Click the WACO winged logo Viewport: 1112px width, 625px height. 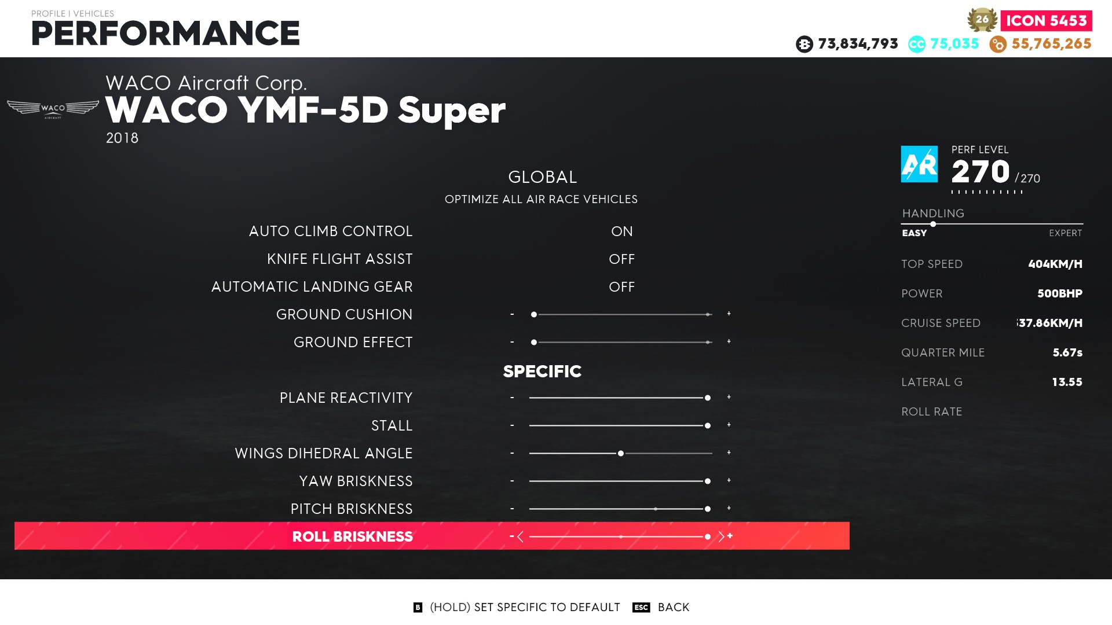[x=53, y=109]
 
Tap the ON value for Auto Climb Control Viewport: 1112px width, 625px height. [x=622, y=231]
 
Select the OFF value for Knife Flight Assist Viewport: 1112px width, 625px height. [x=622, y=259]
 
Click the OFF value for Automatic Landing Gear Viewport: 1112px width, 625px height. [x=622, y=287]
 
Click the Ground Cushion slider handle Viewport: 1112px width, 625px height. [x=534, y=315]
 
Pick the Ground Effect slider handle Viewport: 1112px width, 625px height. [x=534, y=343]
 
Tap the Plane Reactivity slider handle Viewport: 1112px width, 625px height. [x=708, y=398]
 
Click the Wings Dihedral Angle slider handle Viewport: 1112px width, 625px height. [x=621, y=454]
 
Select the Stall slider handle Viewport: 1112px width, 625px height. [x=708, y=426]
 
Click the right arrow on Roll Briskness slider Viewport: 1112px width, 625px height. [x=721, y=536]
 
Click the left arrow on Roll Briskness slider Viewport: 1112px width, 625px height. [x=520, y=536]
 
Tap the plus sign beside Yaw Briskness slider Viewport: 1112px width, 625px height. [x=729, y=480]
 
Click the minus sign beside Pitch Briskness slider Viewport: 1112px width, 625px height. [x=512, y=509]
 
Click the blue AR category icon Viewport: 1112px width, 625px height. [x=919, y=164]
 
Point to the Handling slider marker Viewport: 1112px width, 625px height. [x=933, y=224]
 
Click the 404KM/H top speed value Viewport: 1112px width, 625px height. [x=1055, y=264]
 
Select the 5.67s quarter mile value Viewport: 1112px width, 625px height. [x=1067, y=353]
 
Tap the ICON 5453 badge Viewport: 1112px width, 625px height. [x=1046, y=21]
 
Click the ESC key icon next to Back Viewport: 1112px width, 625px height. [x=641, y=607]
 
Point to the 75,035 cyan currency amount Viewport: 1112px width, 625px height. [x=954, y=44]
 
